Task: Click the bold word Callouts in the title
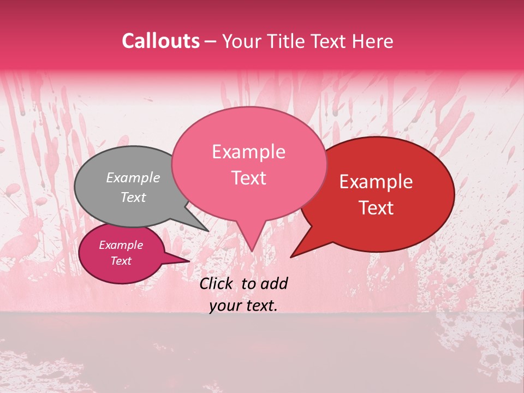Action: [x=160, y=41]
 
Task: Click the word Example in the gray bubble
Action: [x=133, y=177]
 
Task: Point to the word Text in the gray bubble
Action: [x=133, y=197]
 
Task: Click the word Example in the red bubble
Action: [x=376, y=182]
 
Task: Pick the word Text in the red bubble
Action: [x=377, y=208]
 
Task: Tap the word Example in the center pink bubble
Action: [x=248, y=152]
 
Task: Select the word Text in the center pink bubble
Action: [x=249, y=178]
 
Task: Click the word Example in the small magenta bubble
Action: [x=121, y=245]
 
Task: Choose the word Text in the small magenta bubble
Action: [x=121, y=261]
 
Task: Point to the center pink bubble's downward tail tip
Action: [x=252, y=250]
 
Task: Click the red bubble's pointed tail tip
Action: [x=292, y=256]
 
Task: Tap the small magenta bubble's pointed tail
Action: [x=187, y=261]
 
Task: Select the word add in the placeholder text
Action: [x=273, y=283]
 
